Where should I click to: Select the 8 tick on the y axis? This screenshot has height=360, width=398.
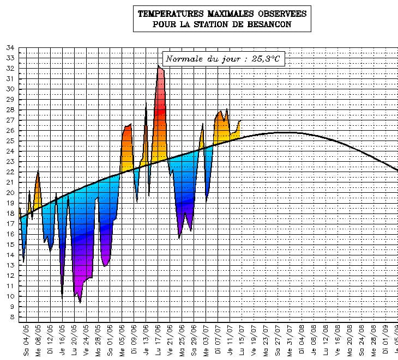(11, 317)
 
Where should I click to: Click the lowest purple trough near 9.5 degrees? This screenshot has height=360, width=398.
(80, 301)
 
